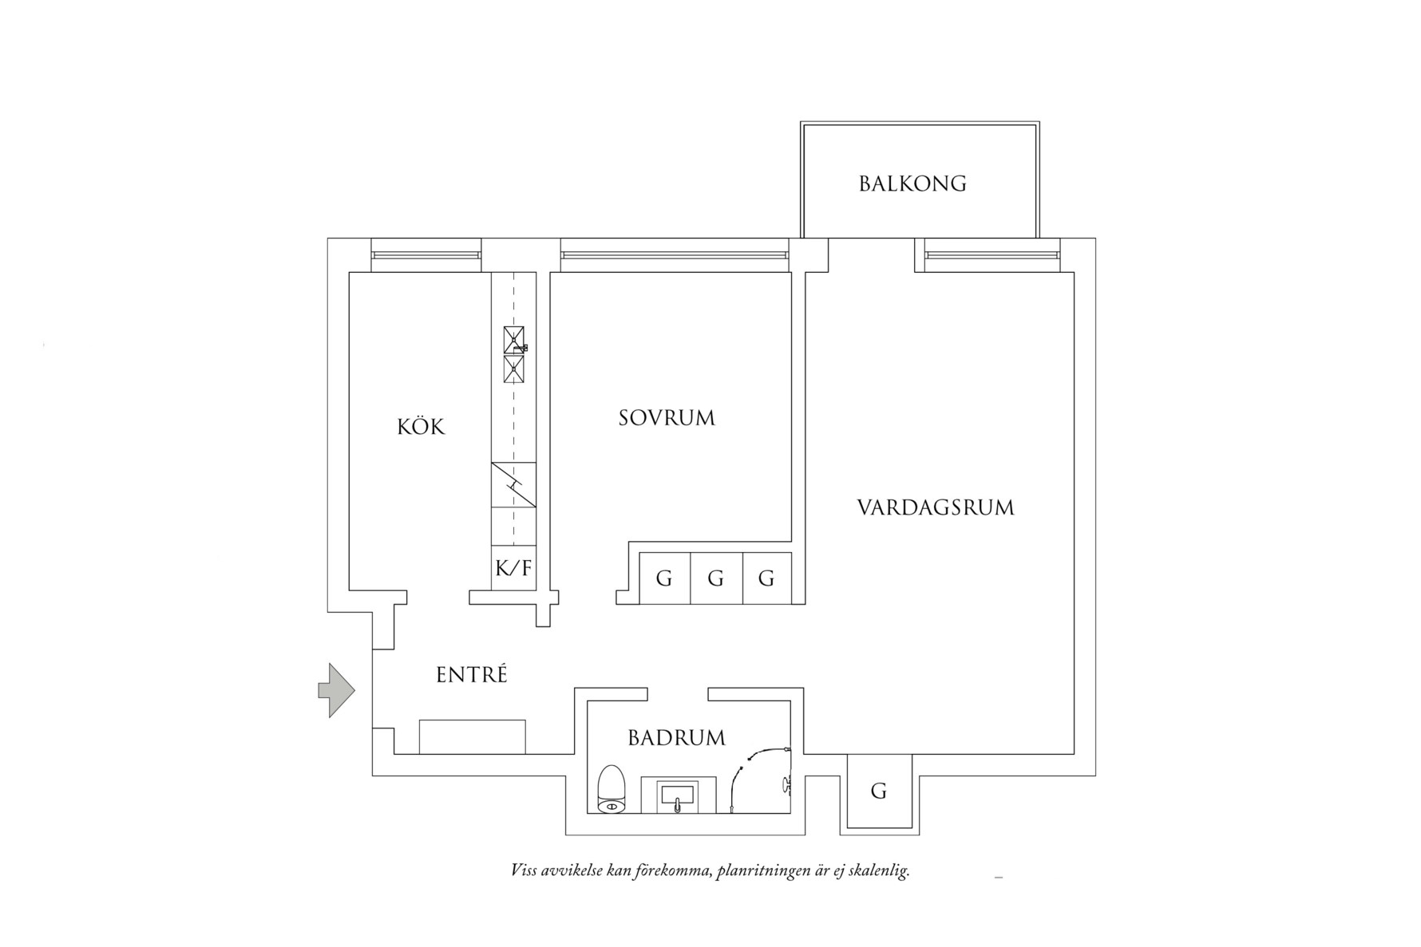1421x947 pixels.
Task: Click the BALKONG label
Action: coord(912,183)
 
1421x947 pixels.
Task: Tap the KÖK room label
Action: coord(421,427)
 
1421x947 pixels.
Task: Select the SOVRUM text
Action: coord(667,418)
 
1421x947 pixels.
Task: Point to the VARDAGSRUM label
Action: coord(936,507)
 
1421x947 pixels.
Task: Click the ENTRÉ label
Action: coord(472,675)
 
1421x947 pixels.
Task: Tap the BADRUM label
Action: coord(676,738)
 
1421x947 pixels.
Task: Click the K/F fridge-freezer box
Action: coord(513,568)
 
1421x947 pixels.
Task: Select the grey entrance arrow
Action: coord(336,690)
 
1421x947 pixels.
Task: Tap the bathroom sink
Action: coord(677,796)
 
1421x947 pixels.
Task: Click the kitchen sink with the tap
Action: coord(514,340)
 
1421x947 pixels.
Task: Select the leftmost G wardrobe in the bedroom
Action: coord(664,578)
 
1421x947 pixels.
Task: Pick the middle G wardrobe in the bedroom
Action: coord(715,578)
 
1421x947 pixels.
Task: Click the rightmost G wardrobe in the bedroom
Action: coord(766,578)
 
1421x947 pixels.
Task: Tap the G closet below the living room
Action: coord(878,791)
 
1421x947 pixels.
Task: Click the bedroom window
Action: coord(674,255)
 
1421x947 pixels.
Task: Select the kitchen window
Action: coord(427,255)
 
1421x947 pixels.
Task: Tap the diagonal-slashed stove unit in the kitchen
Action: coord(513,484)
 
